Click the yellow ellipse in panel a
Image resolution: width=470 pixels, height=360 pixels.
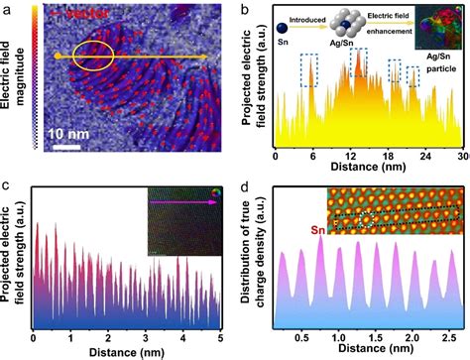point(95,56)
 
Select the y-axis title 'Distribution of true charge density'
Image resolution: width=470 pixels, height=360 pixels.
point(258,260)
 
